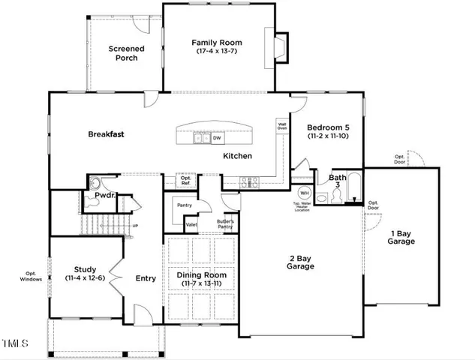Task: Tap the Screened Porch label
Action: [126, 54]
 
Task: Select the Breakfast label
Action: [106, 134]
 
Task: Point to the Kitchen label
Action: [237, 156]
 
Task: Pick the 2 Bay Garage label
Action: [300, 262]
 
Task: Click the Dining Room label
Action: [201, 280]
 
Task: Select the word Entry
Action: [146, 278]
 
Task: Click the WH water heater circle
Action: [305, 193]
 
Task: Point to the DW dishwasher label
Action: [216, 138]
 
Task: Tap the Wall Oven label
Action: [282, 127]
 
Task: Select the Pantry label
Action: [184, 204]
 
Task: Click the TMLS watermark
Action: [15, 344]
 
